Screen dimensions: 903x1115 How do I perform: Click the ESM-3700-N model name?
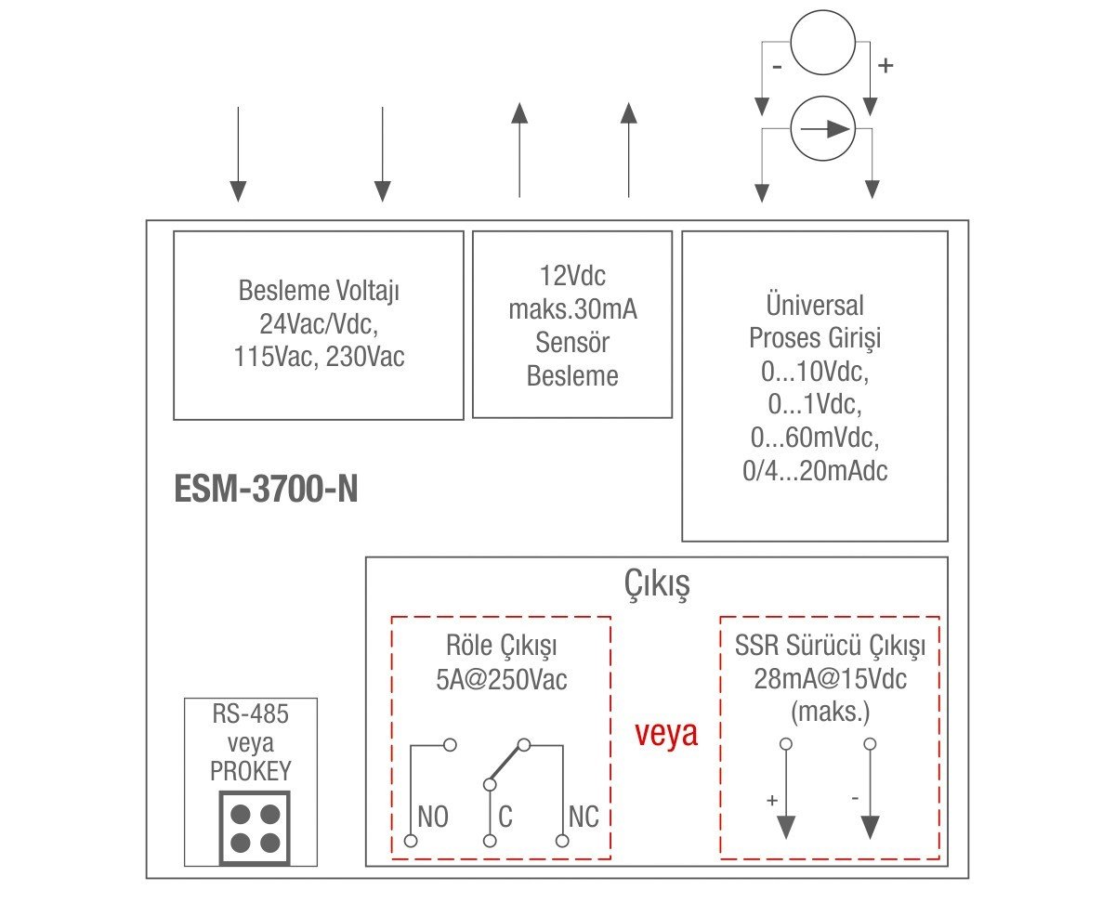266,490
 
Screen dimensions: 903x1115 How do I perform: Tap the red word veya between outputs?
666,733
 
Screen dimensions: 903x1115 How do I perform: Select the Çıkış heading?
656,585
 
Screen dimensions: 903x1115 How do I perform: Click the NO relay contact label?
433,818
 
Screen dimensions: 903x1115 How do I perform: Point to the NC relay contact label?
583,818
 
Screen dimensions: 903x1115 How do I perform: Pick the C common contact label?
505,818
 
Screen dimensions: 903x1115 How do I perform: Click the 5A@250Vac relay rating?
501,679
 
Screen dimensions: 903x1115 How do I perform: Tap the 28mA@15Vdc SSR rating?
831,679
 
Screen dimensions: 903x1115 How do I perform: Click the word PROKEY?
251,771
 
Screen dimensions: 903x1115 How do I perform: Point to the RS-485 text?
251,715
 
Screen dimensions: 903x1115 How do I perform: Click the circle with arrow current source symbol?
822,129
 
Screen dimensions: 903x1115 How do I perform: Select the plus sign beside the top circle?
885,66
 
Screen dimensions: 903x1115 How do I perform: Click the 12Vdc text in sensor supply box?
571,277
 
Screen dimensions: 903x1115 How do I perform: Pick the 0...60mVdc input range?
815,437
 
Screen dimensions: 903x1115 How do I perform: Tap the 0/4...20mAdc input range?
815,470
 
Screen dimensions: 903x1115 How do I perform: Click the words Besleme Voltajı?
319,291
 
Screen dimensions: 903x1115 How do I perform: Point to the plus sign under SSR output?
772,800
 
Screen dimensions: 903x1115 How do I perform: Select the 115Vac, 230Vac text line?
319,358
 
